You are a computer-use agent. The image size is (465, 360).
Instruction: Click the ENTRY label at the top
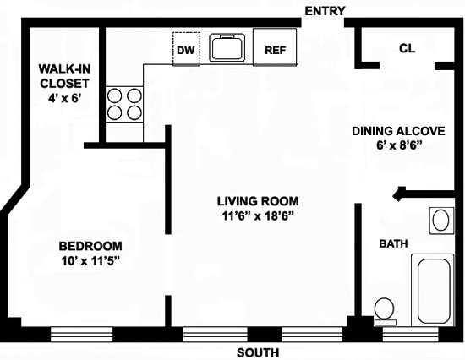pyautogui.click(x=325, y=11)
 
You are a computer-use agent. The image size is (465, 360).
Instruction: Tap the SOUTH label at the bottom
pyautogui.click(x=258, y=352)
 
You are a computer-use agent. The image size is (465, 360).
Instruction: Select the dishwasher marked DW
pyautogui.click(x=186, y=49)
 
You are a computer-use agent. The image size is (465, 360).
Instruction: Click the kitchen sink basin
pyautogui.click(x=227, y=47)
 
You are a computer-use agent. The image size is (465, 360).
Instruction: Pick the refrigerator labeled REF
pyautogui.click(x=275, y=46)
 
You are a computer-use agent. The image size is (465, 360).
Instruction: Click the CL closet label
pyautogui.click(x=408, y=48)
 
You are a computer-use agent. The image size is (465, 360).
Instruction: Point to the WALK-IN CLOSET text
pyautogui.click(x=64, y=76)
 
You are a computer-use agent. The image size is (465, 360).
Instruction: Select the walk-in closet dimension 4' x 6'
pyautogui.click(x=64, y=97)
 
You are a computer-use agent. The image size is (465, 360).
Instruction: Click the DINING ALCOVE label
pyautogui.click(x=398, y=131)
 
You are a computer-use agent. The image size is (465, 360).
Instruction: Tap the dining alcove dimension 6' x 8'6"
pyautogui.click(x=399, y=145)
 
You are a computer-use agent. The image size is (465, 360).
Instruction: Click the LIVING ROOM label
pyautogui.click(x=258, y=201)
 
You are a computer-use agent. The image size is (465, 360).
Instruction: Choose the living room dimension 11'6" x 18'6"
pyautogui.click(x=258, y=215)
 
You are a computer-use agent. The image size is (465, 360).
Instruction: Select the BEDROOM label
pyautogui.click(x=90, y=246)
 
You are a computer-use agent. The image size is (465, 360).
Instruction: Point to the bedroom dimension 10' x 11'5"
pyautogui.click(x=90, y=260)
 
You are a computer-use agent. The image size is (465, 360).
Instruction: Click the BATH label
pyautogui.click(x=393, y=243)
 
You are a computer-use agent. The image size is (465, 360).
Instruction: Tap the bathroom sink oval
pyautogui.click(x=441, y=221)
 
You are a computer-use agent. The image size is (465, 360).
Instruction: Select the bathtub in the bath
pyautogui.click(x=433, y=290)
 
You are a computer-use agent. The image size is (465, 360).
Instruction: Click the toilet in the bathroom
pyautogui.click(x=385, y=311)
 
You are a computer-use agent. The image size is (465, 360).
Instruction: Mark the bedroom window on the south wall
pyautogui.click(x=81, y=334)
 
